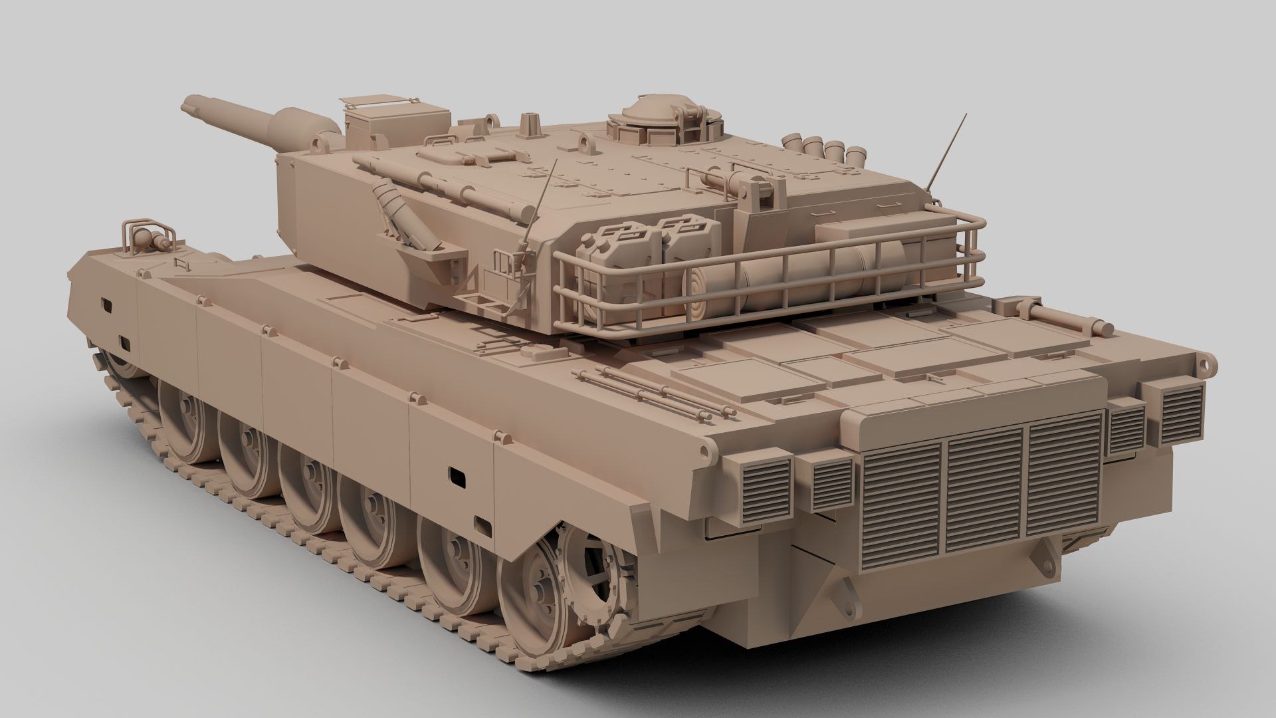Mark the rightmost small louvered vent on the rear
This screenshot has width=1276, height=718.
pos(1182,414)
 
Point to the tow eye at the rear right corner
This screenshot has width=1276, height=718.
pos(1208,362)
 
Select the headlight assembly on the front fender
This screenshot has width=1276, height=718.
pos(146,237)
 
